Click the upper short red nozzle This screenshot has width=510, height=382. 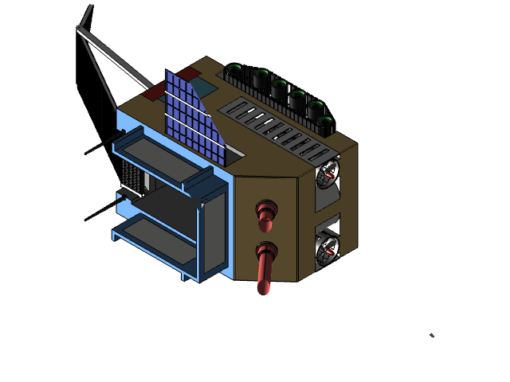pyautogui.click(x=265, y=212)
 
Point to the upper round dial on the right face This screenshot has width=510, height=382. pyautogui.click(x=327, y=176)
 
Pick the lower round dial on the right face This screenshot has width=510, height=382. pyautogui.click(x=327, y=251)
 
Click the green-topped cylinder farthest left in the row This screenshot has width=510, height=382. pyautogui.click(x=234, y=70)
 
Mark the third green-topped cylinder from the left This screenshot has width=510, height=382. pyautogui.click(x=280, y=87)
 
